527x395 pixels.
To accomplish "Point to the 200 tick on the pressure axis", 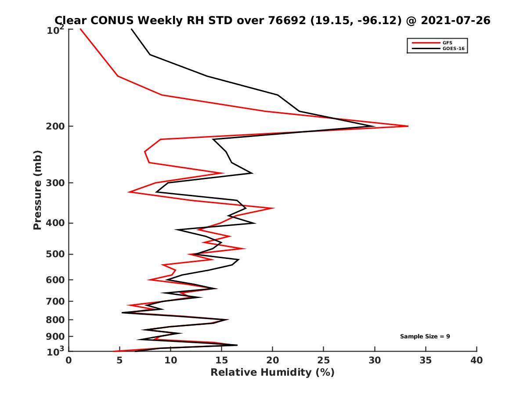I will (x=56, y=126).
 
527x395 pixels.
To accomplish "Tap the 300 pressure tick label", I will (x=56, y=183).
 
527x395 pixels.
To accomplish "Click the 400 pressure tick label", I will (x=56, y=223).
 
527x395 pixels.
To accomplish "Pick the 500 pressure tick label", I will (x=56, y=254).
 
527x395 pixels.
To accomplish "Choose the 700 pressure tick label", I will (x=56, y=301).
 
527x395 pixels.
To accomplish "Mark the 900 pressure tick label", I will (x=56, y=337).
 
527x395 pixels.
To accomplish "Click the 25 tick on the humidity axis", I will (x=324, y=360).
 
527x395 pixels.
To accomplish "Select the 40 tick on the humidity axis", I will (x=476, y=360).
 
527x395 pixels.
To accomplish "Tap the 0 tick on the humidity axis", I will (x=69, y=360).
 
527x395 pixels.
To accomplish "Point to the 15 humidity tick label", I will (x=222, y=360).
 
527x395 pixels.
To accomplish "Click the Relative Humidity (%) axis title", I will (x=272, y=373).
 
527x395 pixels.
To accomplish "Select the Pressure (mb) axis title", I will (x=37, y=190).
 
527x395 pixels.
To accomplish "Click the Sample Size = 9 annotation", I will (x=425, y=337).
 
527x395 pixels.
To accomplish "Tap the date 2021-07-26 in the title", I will (x=454, y=20).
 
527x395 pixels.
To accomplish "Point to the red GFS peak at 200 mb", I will (x=408, y=126).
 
